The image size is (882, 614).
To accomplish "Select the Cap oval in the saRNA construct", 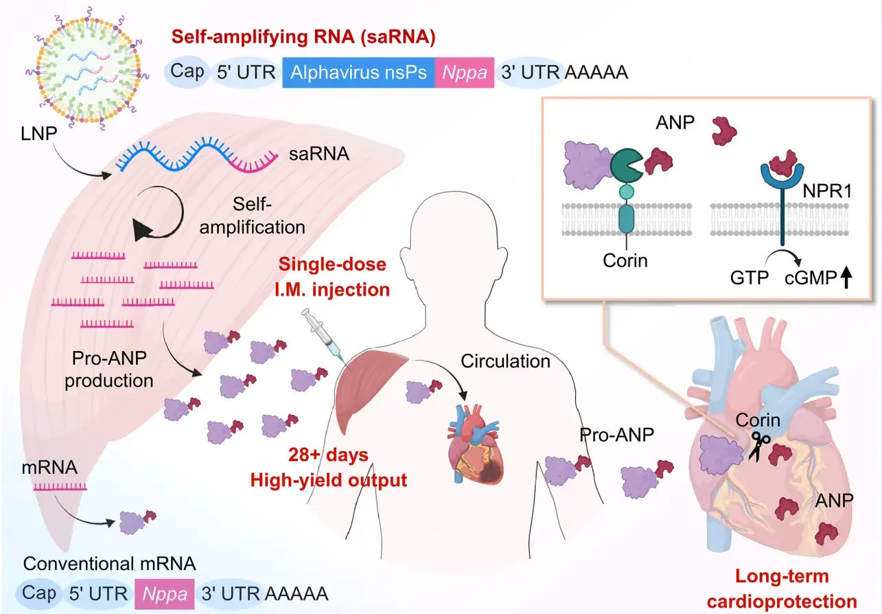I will [x=187, y=71].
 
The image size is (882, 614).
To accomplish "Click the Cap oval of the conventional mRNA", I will [x=38, y=593].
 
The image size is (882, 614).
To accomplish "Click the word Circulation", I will [x=505, y=361].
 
